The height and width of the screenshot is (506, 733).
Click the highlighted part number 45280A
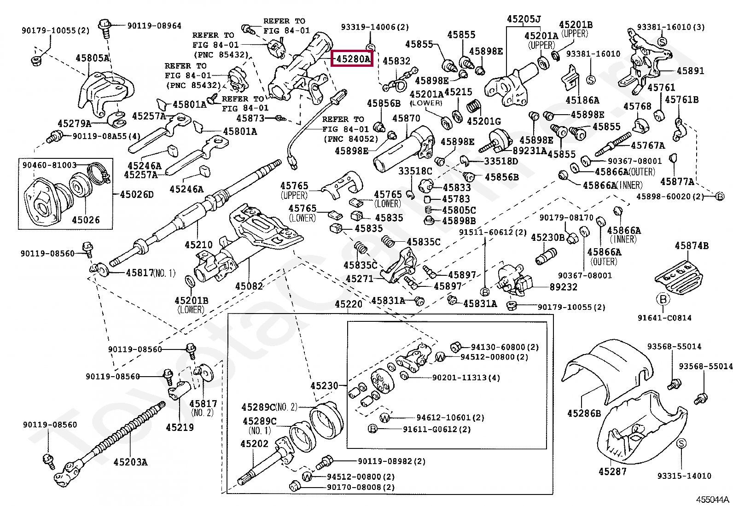pos(352,59)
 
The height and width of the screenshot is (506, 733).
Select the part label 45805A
pos(93,58)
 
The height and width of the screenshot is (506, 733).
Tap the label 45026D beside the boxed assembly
pos(137,194)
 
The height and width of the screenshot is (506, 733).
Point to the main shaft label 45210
pos(198,244)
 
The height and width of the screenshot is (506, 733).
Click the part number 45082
pos(249,286)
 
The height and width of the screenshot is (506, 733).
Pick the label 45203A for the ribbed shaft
pos(131,462)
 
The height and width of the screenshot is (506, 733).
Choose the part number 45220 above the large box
pos(349,304)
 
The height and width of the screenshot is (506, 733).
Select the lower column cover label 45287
pos(612,471)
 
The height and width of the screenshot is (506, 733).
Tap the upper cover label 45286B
pos(584,413)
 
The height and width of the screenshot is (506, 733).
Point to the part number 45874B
pos(692,245)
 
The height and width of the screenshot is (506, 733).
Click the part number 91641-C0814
pos(664,318)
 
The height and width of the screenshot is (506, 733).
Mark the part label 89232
pos(564,287)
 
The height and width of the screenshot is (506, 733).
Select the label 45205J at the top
pos(524,19)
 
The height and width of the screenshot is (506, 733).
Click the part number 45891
pos(691,71)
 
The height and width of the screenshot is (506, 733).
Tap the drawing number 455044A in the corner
pos(713,500)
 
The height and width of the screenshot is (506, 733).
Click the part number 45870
pos(407,118)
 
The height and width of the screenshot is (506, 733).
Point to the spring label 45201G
pos(484,121)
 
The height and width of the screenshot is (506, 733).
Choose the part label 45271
pos(360,279)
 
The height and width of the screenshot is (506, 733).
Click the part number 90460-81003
pos(49,165)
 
